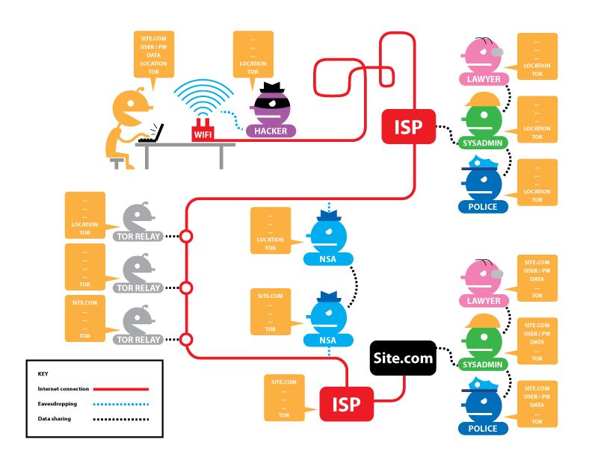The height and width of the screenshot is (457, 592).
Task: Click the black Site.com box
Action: click(x=403, y=358)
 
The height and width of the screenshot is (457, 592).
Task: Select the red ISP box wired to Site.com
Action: click(x=346, y=404)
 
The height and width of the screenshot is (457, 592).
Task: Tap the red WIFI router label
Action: click(x=202, y=134)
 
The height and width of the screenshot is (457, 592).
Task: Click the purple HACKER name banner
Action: click(x=271, y=131)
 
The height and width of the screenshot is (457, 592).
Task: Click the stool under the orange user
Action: click(x=117, y=161)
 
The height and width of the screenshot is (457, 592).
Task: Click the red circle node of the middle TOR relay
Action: click(x=187, y=287)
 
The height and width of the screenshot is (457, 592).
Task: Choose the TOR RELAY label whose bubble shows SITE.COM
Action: click(x=138, y=340)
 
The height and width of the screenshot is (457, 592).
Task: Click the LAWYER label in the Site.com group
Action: click(x=482, y=301)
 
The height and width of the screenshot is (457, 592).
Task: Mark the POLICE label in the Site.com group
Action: click(x=482, y=429)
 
